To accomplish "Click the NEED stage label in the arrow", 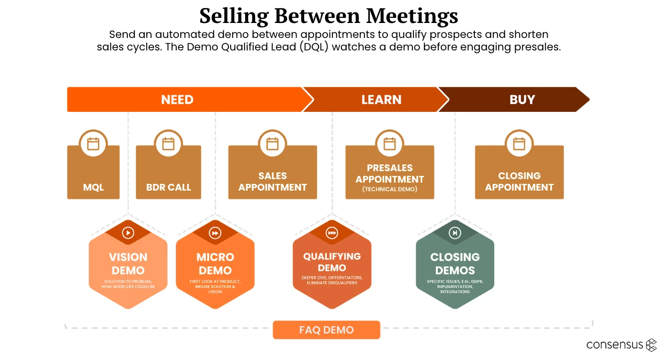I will click(x=177, y=100).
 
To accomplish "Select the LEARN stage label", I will click(x=381, y=100).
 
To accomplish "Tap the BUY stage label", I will click(x=522, y=100).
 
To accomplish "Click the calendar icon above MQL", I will click(x=93, y=144).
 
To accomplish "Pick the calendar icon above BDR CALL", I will click(x=168, y=144).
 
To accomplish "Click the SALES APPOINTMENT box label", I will click(x=273, y=182).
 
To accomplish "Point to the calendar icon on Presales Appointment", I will click(x=389, y=144).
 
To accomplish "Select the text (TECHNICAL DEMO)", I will click(x=390, y=190).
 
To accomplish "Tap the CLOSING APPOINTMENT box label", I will click(x=519, y=182).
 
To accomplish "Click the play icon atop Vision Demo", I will click(x=128, y=233).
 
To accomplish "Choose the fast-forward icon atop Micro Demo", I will click(x=215, y=233).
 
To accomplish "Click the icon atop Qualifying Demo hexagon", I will click(x=332, y=233).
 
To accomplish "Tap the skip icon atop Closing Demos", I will click(x=455, y=233).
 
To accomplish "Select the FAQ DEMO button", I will click(x=327, y=330).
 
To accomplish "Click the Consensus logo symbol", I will click(x=651, y=345).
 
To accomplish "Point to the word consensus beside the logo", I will click(x=615, y=345).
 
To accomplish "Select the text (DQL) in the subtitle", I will click(x=317, y=47).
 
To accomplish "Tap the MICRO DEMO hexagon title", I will click(x=215, y=264).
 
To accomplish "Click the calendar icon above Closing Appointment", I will click(x=519, y=144).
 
